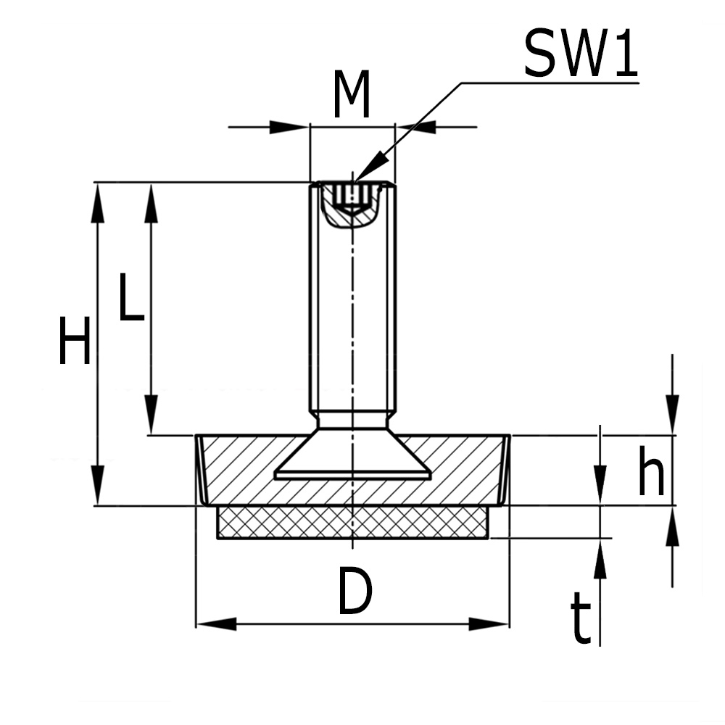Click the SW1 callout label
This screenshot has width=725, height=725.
[x=580, y=54]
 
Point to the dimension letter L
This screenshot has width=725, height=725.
[x=131, y=297]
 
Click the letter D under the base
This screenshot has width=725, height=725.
[x=355, y=592]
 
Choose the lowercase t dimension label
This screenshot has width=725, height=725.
[x=581, y=618]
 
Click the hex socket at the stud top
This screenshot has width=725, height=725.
[x=352, y=196]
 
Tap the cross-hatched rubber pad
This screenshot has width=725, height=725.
[x=352, y=522]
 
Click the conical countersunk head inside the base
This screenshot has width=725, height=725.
[x=352, y=457]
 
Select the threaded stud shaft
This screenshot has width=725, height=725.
[x=352, y=304]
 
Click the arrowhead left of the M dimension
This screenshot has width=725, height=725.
[x=290, y=128]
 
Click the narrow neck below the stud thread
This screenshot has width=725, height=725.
[x=352, y=420]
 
